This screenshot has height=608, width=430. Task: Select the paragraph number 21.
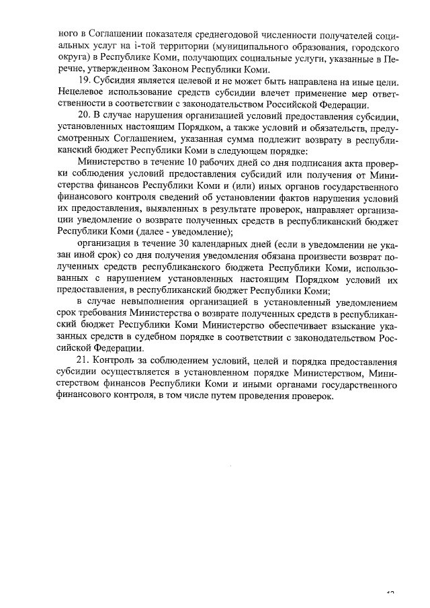(x=84, y=361)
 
